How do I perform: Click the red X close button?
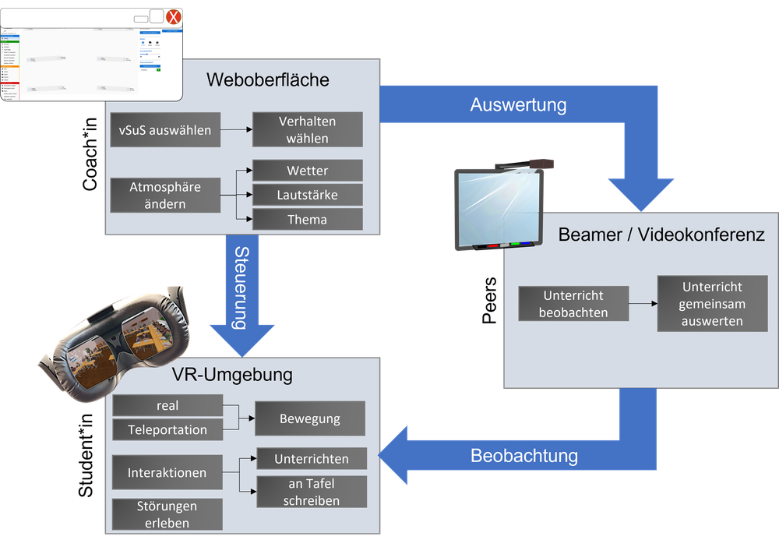pyautogui.click(x=174, y=17)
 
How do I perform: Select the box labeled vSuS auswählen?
pyautogui.click(x=164, y=130)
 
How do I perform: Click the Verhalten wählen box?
pyautogui.click(x=307, y=130)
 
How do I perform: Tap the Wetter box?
pyautogui.click(x=307, y=171)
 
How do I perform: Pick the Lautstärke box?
pyautogui.click(x=307, y=195)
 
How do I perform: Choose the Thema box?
pyautogui.click(x=307, y=219)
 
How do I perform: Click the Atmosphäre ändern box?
pyautogui.click(x=164, y=195)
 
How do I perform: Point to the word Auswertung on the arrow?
pyautogui.click(x=518, y=104)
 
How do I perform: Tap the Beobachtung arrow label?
pyautogui.click(x=524, y=456)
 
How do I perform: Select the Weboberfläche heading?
pyautogui.click(x=268, y=79)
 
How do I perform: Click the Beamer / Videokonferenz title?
pyautogui.click(x=661, y=235)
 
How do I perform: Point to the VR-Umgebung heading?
pyautogui.click(x=232, y=375)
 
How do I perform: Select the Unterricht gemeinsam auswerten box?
pyautogui.click(x=712, y=304)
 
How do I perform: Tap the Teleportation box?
pyautogui.click(x=167, y=429)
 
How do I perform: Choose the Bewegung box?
pyautogui.click(x=309, y=418)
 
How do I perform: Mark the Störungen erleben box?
pyautogui.click(x=167, y=514)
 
